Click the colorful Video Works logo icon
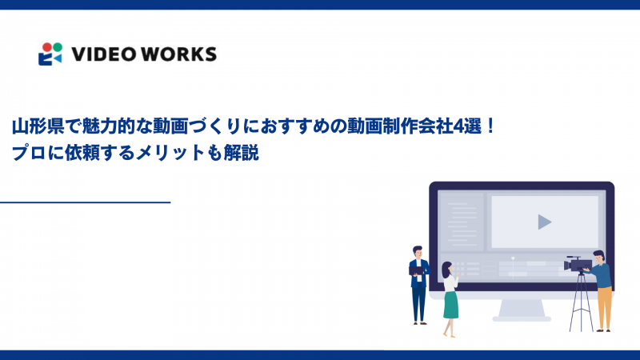pos(50,54)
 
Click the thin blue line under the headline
pos(86,203)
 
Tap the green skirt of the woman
pos(451,304)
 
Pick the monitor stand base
pos(522,318)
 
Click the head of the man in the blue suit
pos(417,251)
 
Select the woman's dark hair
pos(446,267)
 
